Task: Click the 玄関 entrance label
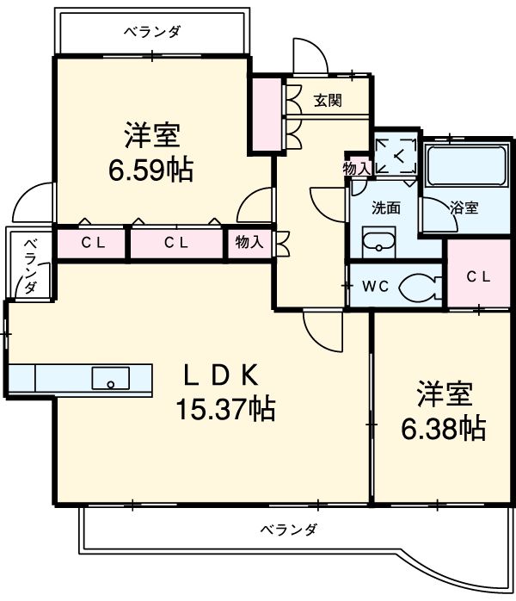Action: pyautogui.click(x=327, y=101)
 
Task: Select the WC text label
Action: pyautogui.click(x=374, y=287)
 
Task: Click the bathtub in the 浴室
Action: pyautogui.click(x=465, y=164)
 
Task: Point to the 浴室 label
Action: pyautogui.click(x=464, y=208)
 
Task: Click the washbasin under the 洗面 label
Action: pyautogui.click(x=376, y=245)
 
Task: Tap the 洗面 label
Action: pyautogui.click(x=385, y=208)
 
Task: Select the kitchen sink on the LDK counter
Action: pyautogui.click(x=110, y=378)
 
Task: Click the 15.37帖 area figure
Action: pyautogui.click(x=225, y=408)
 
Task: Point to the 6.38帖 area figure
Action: pyautogui.click(x=444, y=427)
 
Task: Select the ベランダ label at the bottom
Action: pyautogui.click(x=288, y=530)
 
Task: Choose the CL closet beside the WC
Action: pyautogui.click(x=479, y=276)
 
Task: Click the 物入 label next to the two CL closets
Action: pyautogui.click(x=249, y=244)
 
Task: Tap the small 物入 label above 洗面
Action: pyautogui.click(x=356, y=169)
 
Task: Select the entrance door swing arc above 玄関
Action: pyautogui.click(x=308, y=56)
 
